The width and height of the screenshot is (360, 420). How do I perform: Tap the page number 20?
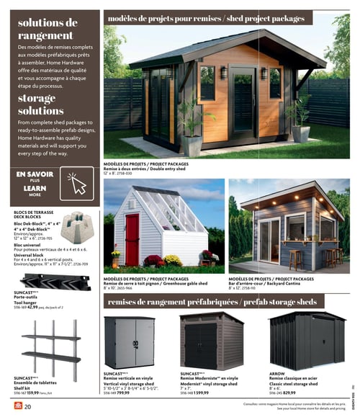point(27,408)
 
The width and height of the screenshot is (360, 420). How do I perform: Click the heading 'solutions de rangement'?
point(48,29)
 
